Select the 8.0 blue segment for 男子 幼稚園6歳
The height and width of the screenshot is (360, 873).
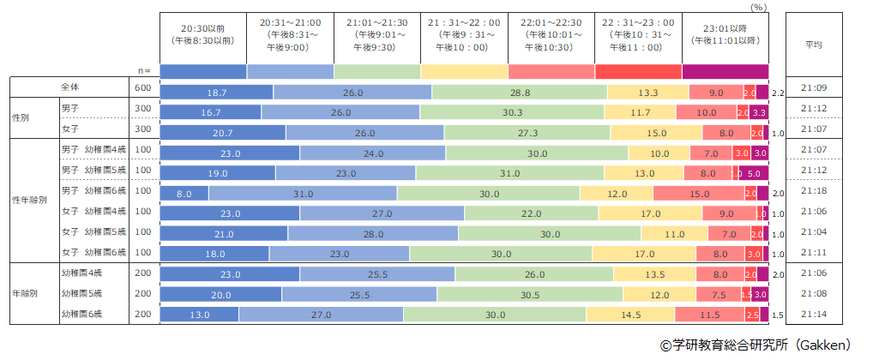184,195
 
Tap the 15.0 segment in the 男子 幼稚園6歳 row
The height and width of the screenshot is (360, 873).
700,195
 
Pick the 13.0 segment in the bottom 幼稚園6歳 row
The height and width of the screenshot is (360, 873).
200,315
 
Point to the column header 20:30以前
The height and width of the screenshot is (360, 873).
203,38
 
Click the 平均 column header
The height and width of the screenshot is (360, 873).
814,45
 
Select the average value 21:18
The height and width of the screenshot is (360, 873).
814,195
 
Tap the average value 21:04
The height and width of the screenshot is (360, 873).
814,232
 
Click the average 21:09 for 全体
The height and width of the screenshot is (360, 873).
814,89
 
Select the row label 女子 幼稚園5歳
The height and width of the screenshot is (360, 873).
93,232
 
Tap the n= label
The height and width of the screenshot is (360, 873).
145,70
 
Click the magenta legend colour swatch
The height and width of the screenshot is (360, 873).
725,70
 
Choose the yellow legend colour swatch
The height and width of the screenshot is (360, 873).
464,70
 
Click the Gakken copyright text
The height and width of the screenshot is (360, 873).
756,345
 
